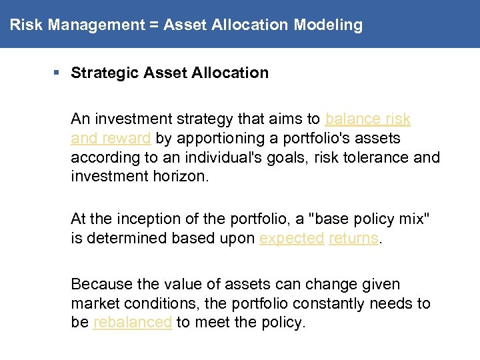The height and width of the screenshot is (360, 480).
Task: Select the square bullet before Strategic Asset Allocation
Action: tap(60, 73)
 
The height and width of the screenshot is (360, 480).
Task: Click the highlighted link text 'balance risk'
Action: tap(367, 119)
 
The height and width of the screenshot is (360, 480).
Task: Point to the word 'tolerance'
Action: tap(369, 158)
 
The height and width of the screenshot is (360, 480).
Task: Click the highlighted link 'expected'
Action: tap(291, 238)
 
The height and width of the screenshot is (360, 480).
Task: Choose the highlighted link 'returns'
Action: tap(353, 238)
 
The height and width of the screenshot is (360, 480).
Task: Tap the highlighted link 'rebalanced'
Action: tap(133, 323)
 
